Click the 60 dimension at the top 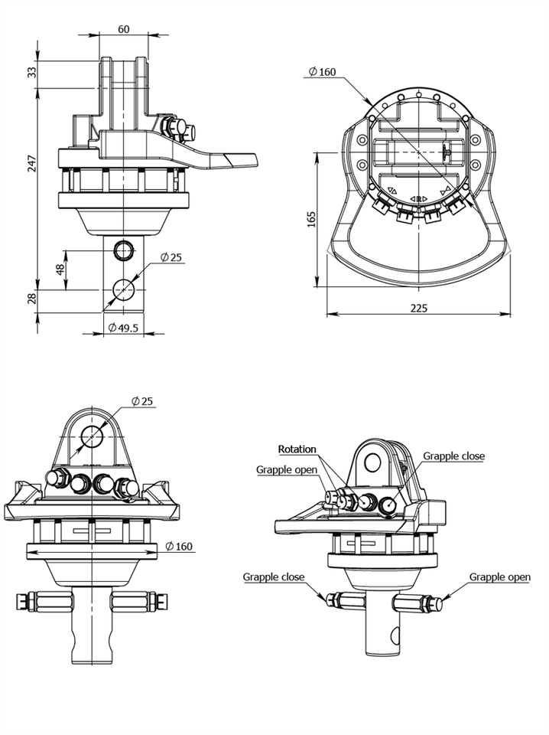(123, 29)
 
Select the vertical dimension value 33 (31, 72)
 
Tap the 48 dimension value (60, 270)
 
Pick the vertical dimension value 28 (31, 299)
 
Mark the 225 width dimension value (417, 308)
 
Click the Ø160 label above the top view (321, 72)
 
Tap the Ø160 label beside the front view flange (179, 547)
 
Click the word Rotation (297, 449)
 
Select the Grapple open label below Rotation (285, 469)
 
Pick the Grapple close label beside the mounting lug (453, 456)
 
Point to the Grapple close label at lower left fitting (274, 577)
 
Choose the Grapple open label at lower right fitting (499, 577)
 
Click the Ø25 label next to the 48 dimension (171, 258)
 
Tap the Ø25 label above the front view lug (142, 401)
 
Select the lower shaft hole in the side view (122, 290)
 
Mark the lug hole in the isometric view (372, 462)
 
